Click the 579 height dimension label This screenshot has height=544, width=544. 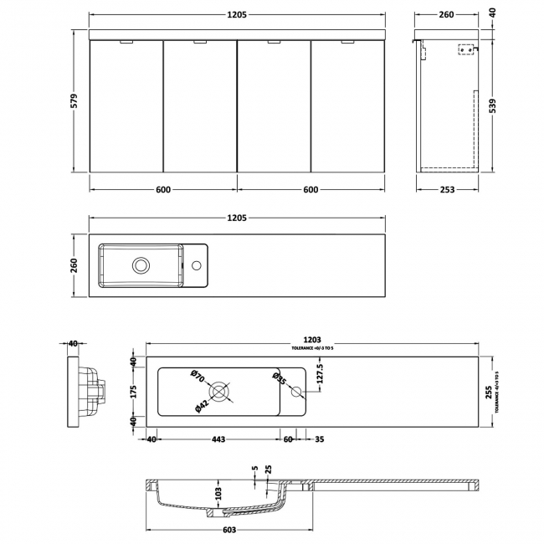tap(73, 101)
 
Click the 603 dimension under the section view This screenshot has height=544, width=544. tap(229, 530)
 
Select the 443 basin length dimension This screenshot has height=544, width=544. tap(218, 439)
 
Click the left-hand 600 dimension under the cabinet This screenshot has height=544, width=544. tap(163, 190)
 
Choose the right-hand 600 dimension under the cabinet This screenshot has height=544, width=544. tap(310, 190)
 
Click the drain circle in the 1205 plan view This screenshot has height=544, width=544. tap(141, 265)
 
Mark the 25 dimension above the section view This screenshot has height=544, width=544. tap(268, 470)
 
